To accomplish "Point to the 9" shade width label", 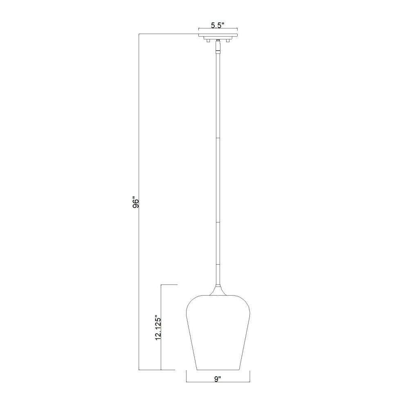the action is coord(218,379).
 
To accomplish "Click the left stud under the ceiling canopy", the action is coord(207,41).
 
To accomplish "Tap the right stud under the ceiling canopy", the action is coord(229,41).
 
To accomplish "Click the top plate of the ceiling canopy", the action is coord(218,36).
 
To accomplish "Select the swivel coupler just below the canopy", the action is coord(218,47).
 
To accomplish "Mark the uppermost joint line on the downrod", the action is coord(218,139).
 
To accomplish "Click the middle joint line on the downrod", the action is coord(218,222).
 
